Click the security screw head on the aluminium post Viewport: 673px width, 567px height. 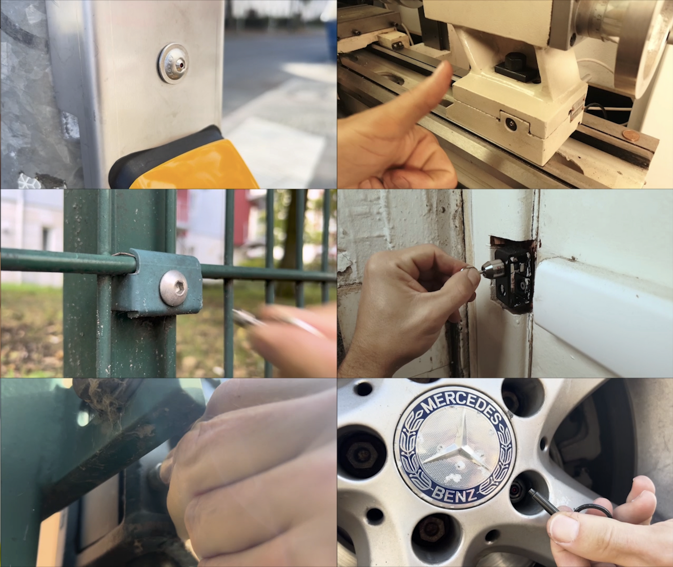[173, 64]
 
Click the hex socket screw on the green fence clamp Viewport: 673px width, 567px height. [174, 287]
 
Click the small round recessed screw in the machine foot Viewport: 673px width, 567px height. [510, 124]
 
